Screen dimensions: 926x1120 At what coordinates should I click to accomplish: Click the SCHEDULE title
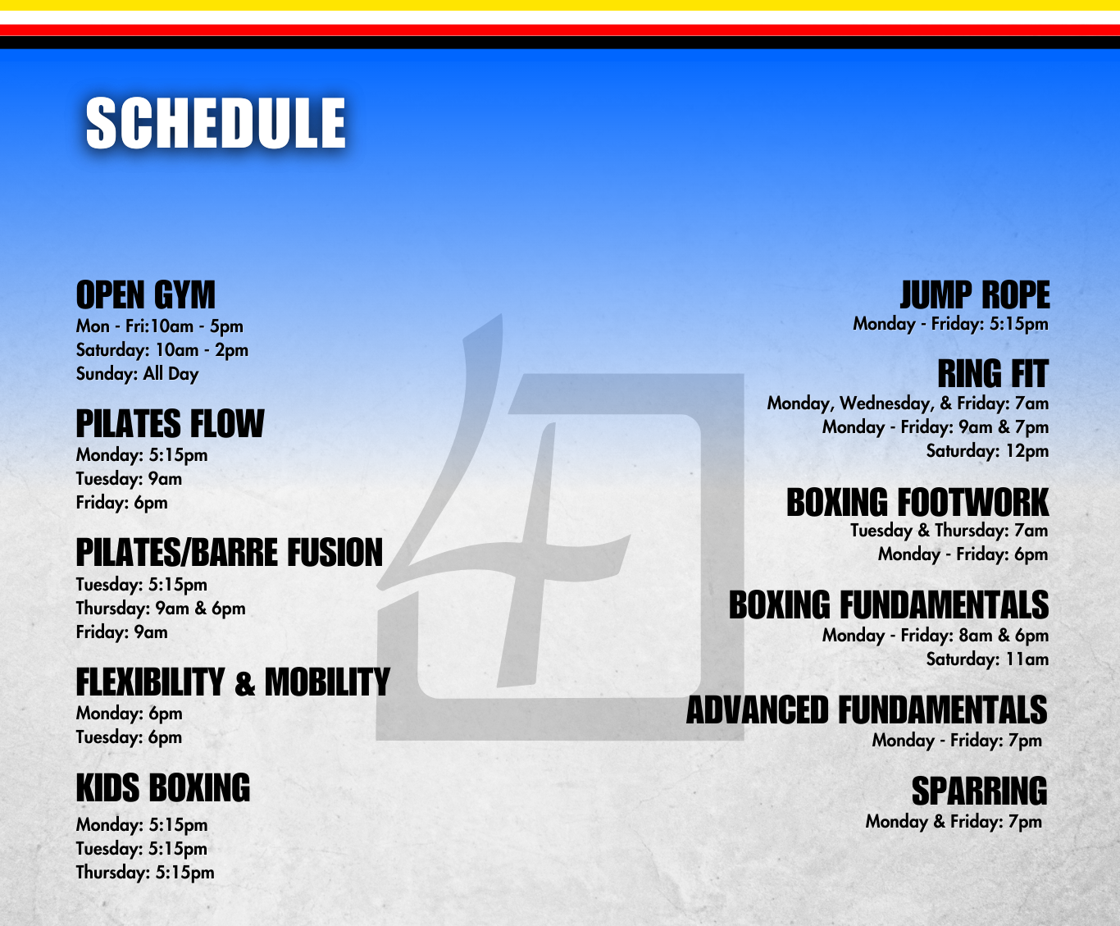(216, 123)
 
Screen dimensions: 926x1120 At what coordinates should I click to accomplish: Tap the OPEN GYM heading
(146, 295)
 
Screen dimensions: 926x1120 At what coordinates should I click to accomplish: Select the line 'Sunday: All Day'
(138, 374)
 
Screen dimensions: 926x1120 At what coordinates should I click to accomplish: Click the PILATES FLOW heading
(170, 424)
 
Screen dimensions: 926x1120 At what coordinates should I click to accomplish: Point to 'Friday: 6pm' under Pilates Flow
(121, 503)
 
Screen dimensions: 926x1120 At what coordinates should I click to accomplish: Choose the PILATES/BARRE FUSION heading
(229, 553)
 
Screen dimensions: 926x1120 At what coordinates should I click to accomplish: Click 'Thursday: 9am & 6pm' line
(161, 609)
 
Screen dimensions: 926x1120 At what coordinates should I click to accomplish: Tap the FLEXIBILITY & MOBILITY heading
(233, 682)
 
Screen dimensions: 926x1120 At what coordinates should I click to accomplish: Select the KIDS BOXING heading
(162, 788)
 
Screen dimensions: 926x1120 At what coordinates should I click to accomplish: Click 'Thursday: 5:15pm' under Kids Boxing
(145, 873)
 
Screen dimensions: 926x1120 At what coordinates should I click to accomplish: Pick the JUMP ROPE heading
(975, 295)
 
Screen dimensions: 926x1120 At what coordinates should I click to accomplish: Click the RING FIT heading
(993, 374)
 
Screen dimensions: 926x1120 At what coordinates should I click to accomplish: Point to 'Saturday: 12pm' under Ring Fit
(987, 451)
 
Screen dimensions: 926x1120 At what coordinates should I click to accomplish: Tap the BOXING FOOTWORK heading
(917, 503)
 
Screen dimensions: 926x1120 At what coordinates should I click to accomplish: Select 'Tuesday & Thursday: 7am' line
(949, 531)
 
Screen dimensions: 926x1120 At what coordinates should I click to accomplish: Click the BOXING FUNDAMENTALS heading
(889, 605)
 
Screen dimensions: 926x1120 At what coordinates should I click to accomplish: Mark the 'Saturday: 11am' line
(987, 659)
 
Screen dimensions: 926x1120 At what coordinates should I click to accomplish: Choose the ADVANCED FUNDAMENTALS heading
(867, 710)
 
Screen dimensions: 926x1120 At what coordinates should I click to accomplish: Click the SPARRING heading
(979, 791)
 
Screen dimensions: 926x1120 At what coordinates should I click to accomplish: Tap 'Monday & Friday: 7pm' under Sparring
(954, 822)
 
